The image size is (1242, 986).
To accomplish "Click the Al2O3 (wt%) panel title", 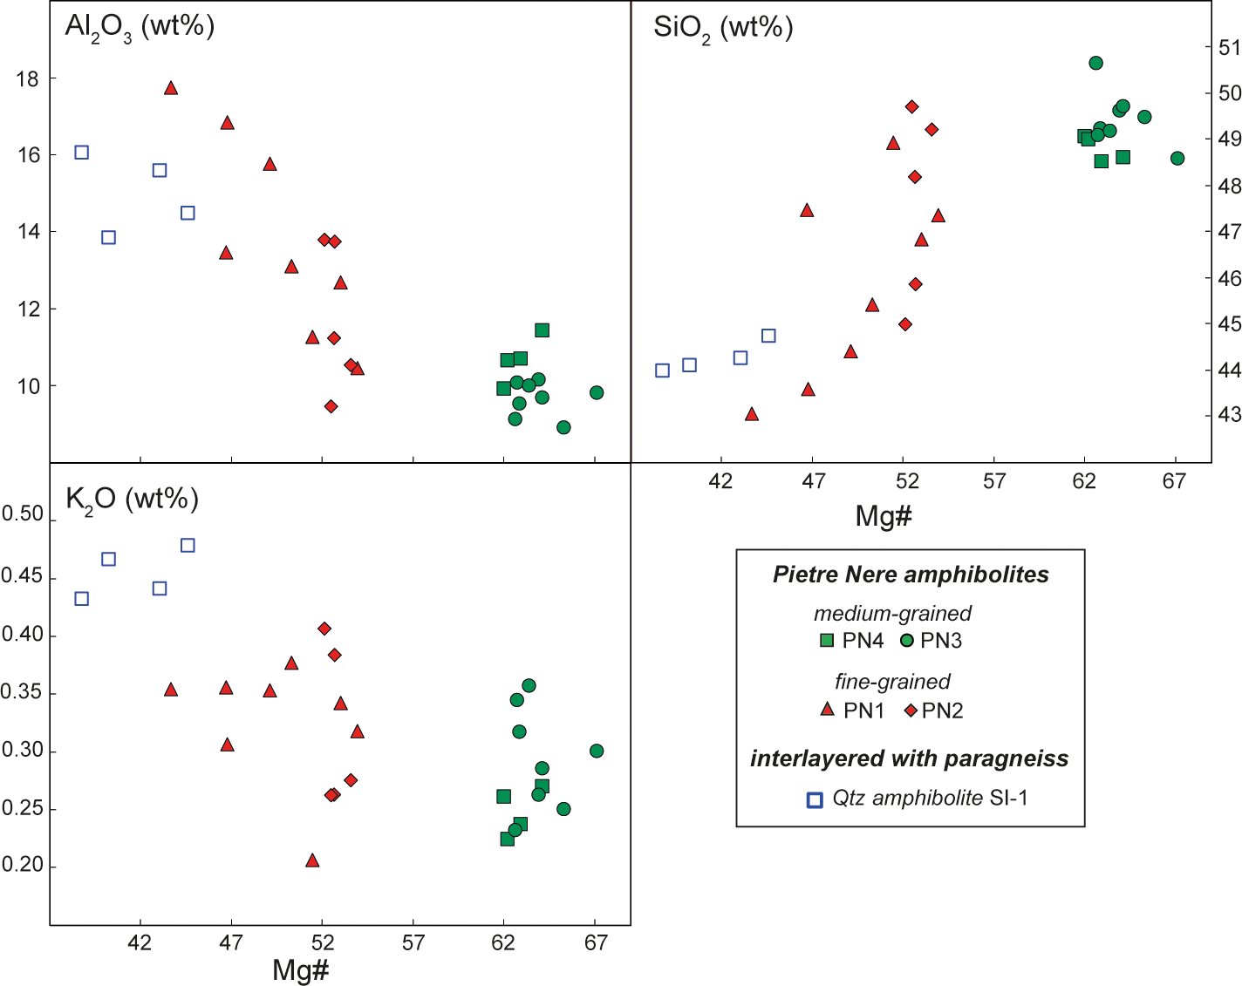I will [140, 27].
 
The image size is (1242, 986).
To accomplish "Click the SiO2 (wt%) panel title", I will [723, 29].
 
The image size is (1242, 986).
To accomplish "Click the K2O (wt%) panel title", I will [133, 500].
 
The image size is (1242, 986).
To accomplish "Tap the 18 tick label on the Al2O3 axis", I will [27, 79].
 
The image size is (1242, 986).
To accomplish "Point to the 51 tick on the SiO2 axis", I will [1229, 48].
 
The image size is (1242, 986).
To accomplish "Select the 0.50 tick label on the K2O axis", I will [22, 514].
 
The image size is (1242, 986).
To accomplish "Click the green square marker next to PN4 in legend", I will [827, 641].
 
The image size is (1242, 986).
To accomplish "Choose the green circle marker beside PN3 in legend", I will [907, 641].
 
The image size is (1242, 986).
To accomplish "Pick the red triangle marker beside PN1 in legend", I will [827, 710].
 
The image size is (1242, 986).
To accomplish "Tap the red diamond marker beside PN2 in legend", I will [911, 711].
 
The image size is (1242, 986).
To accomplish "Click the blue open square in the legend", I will [815, 799].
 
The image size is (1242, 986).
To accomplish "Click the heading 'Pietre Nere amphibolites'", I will [911, 575].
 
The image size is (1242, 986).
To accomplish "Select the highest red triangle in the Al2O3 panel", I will [171, 88].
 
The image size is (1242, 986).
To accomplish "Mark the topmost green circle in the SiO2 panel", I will [1096, 63].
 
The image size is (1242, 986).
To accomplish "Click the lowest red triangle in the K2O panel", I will [312, 861].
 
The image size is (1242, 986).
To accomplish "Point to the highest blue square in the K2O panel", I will [188, 546].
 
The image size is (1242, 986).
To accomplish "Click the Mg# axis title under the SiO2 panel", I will [884, 516].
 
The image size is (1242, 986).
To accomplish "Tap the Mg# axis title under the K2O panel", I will [301, 969].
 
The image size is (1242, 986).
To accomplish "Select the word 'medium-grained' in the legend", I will [892, 614].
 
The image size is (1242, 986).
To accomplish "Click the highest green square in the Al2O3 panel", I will [542, 330].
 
